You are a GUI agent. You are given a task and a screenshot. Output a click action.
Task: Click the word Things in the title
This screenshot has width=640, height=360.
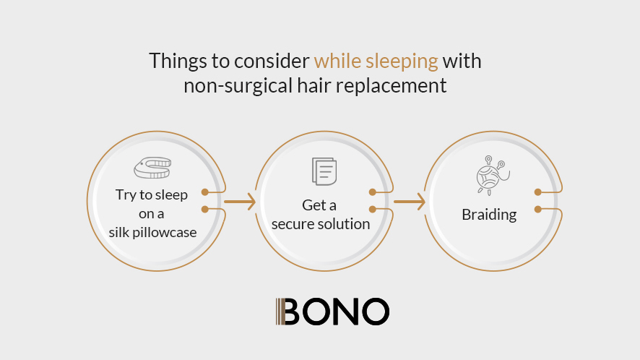178,61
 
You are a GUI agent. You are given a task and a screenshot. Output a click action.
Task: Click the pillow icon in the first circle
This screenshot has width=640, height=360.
152,168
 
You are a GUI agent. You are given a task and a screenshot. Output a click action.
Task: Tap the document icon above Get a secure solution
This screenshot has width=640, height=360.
324,171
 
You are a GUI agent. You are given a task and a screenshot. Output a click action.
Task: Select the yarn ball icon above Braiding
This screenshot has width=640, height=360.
492,175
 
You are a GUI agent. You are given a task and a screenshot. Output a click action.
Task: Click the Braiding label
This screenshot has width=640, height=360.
489,215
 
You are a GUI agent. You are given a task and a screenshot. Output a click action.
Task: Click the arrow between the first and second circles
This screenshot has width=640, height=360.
240,202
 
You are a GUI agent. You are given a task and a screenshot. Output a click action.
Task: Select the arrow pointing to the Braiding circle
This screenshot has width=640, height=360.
410,202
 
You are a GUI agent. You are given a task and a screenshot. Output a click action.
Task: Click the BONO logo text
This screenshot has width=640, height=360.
336,312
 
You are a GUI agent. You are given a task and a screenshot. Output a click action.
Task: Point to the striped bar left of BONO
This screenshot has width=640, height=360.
280,312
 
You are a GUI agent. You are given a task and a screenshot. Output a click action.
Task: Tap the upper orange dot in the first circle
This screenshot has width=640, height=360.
205,192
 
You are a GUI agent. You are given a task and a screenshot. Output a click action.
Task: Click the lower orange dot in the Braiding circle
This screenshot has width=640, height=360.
538,209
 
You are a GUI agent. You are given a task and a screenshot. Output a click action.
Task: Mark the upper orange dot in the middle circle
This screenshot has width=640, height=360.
372,192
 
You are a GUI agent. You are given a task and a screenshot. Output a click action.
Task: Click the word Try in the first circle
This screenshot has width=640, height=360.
125,195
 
